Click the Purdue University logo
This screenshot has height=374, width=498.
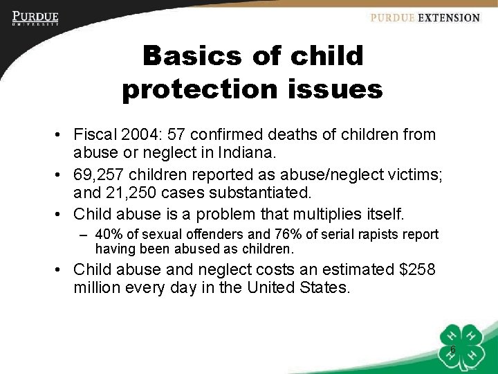point(35,18)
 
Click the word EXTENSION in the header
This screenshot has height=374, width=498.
point(448,18)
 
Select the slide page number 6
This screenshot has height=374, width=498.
point(452,349)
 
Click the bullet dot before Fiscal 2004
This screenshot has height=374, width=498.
point(62,135)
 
